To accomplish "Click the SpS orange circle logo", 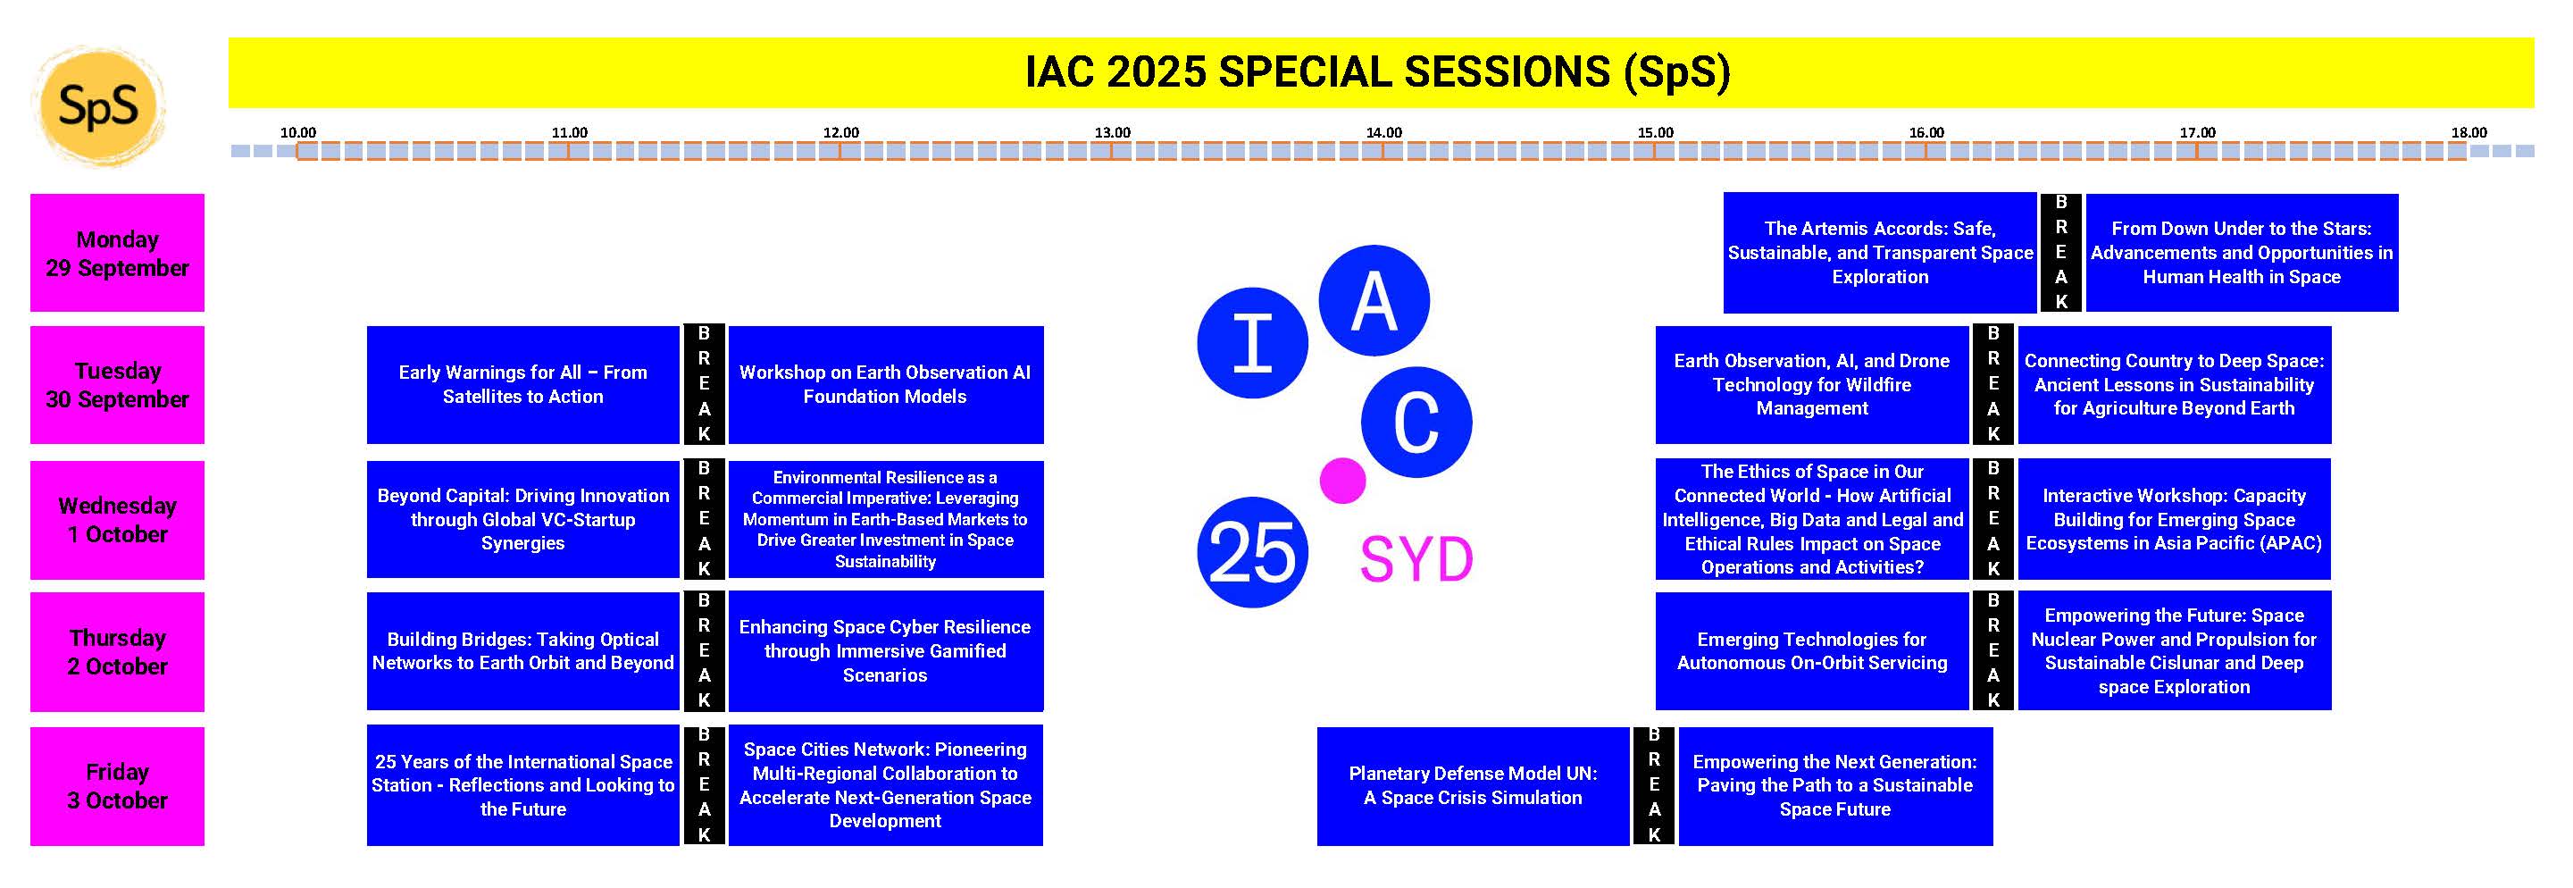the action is pyautogui.click(x=98, y=106).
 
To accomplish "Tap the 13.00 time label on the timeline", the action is pyautogui.click(x=1112, y=133).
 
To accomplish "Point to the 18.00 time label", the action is pyautogui.click(x=2469, y=133).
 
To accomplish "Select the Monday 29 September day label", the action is pyautogui.click(x=117, y=253).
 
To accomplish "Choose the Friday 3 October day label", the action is pyautogui.click(x=117, y=786).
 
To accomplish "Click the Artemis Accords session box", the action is pyautogui.click(x=1879, y=253).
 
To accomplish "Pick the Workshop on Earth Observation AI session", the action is pyautogui.click(x=886, y=384).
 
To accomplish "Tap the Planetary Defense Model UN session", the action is pyautogui.click(x=1473, y=786).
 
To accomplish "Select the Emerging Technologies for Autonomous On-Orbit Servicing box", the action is pyautogui.click(x=1812, y=651).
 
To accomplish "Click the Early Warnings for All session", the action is pyautogui.click(x=522, y=384).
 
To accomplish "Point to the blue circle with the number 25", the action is pyautogui.click(x=1251, y=552).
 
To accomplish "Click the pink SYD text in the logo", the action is pyautogui.click(x=1416, y=559).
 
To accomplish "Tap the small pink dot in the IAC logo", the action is pyautogui.click(x=1342, y=481).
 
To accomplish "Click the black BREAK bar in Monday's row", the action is pyautogui.click(x=2060, y=253).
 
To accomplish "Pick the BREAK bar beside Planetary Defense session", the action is pyautogui.click(x=1654, y=786).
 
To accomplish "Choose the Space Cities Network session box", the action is pyautogui.click(x=885, y=785).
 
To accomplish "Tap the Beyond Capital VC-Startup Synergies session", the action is pyautogui.click(x=522, y=519).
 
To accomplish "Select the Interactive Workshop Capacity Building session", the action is pyautogui.click(x=2175, y=519).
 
